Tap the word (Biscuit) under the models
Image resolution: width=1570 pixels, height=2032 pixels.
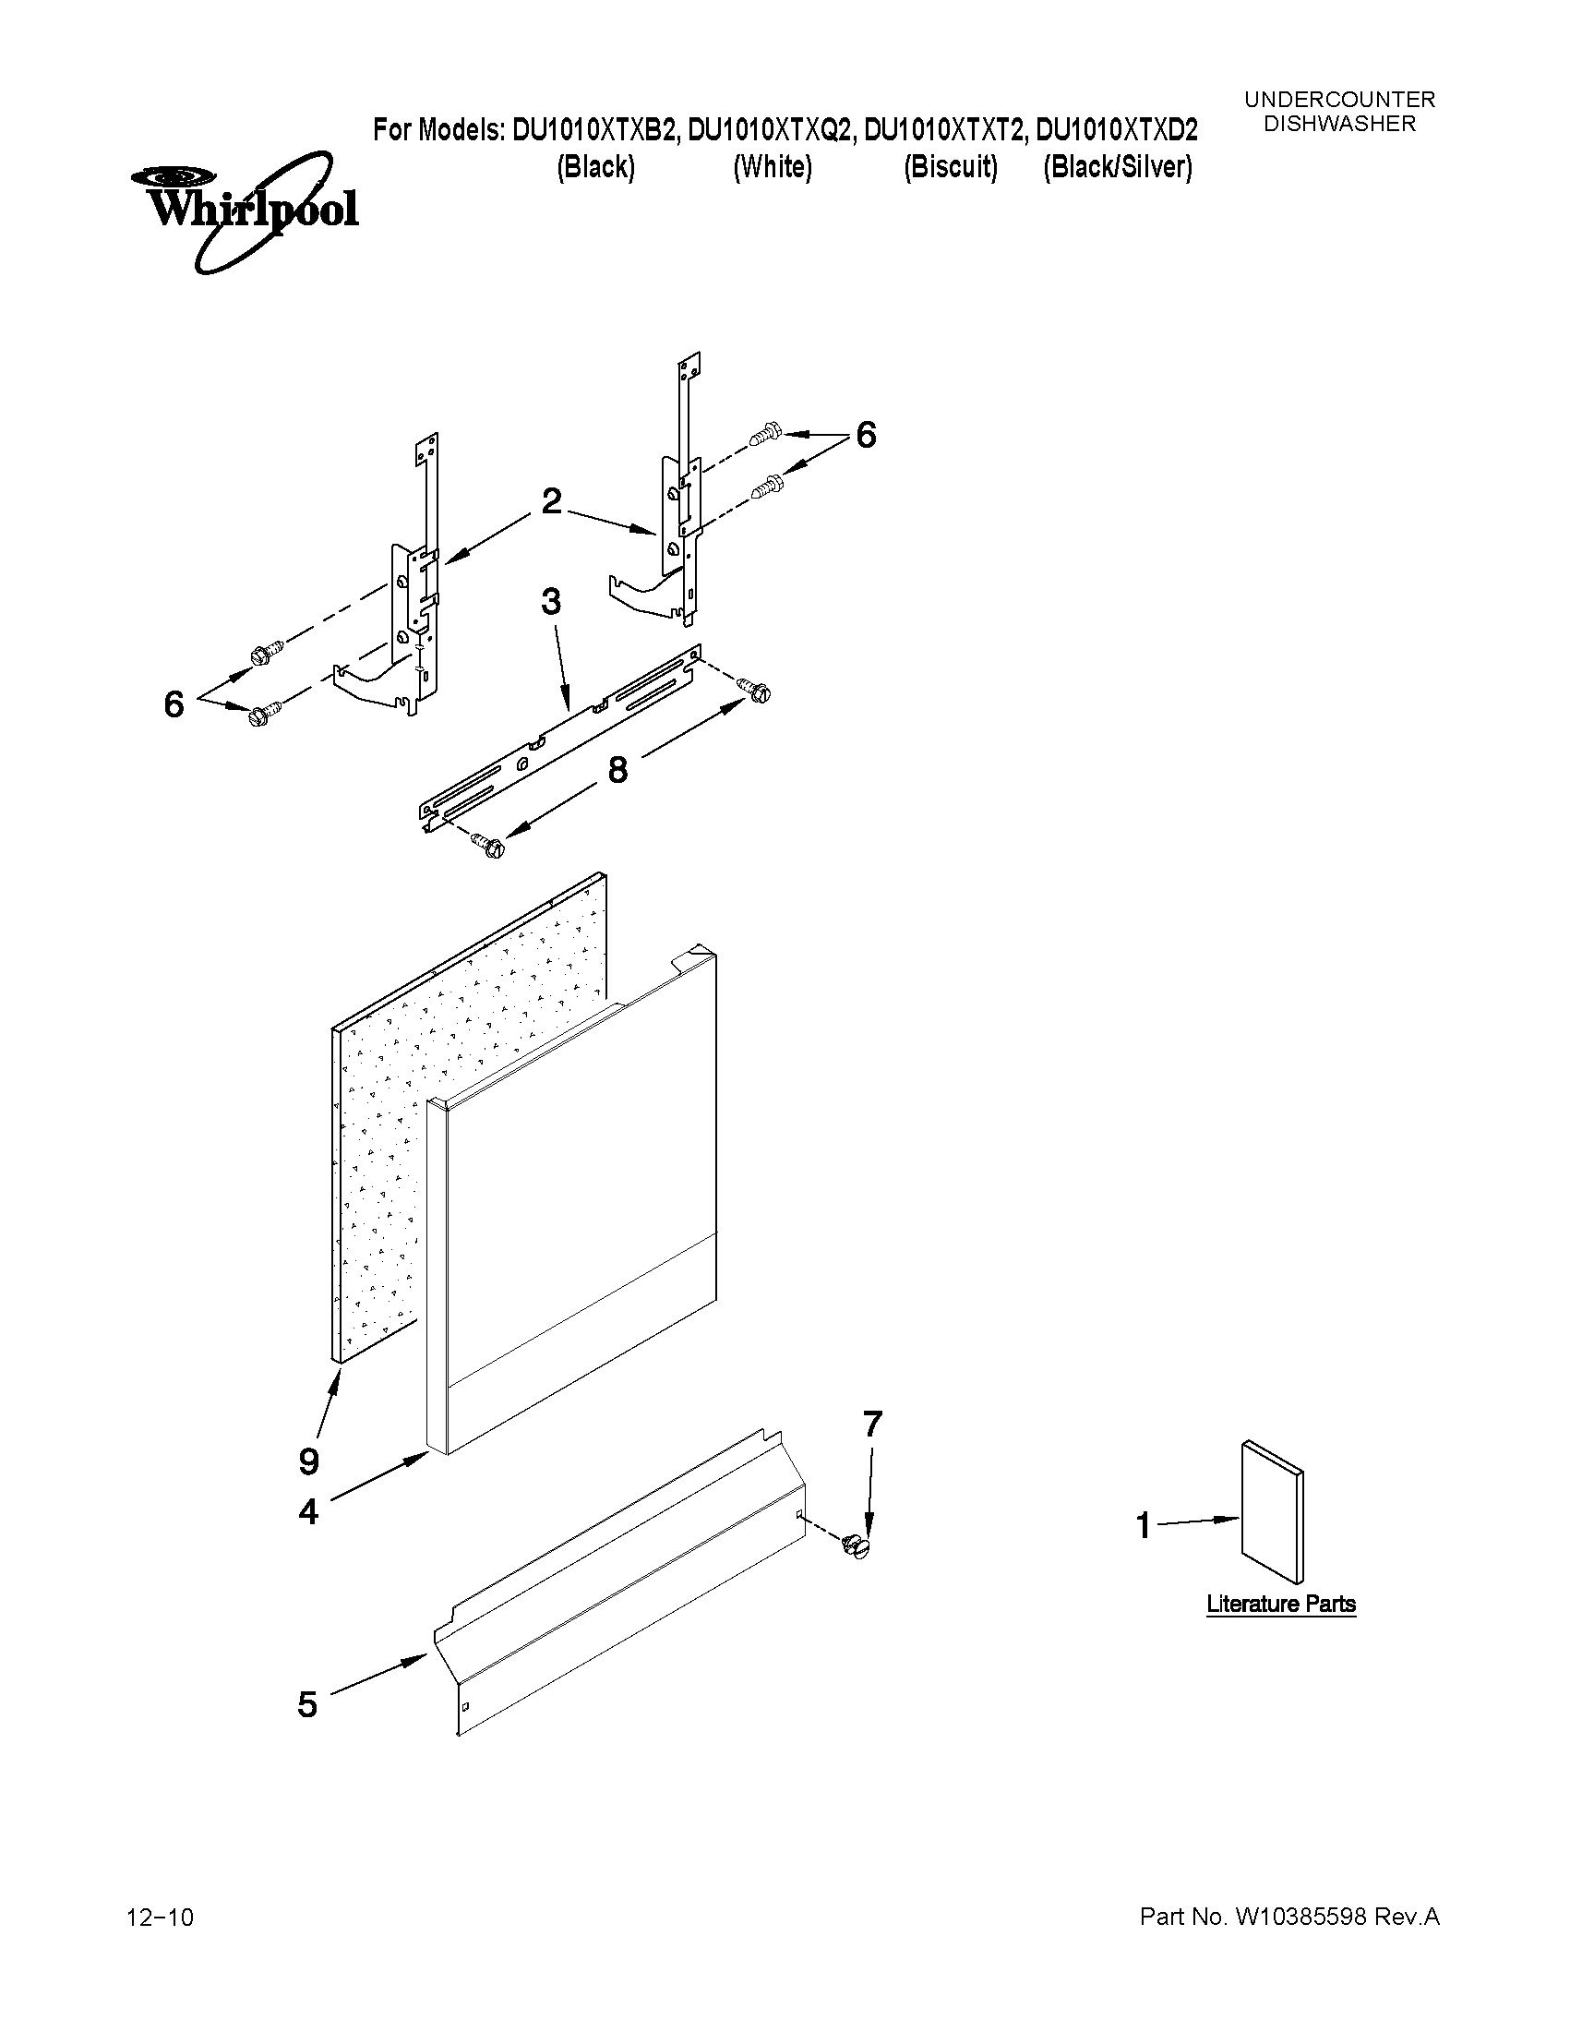click(x=951, y=167)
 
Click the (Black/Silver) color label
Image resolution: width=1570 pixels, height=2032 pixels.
click(x=1117, y=167)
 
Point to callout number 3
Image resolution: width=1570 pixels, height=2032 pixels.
click(x=551, y=602)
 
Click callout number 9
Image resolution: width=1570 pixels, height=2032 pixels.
click(x=310, y=1461)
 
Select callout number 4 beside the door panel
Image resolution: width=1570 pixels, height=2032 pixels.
click(x=309, y=1512)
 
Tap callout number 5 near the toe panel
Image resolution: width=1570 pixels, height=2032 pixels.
click(x=308, y=1704)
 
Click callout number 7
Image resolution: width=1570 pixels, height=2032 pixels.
click(x=871, y=1425)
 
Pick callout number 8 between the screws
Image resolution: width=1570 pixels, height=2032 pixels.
click(x=617, y=769)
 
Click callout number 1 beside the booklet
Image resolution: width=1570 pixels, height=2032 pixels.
click(x=1144, y=1526)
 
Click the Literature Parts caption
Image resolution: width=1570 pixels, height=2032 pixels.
click(x=1281, y=1604)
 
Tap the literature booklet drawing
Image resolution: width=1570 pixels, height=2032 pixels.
click(x=1273, y=1513)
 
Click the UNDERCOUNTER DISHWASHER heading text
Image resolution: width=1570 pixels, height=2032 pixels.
click(x=1339, y=112)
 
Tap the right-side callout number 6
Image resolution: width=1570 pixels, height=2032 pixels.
click(x=865, y=435)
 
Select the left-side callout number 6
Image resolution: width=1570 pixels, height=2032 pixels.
click(x=174, y=704)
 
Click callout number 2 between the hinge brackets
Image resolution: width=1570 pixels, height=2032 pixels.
click(x=552, y=501)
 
